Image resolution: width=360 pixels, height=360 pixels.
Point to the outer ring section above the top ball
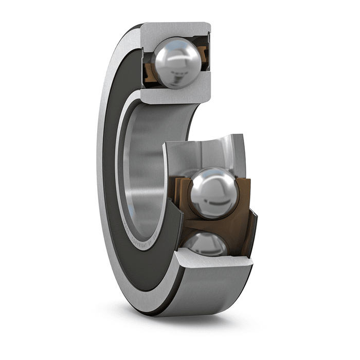[x=175, y=30]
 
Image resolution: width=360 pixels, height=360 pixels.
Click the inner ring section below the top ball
[x=175, y=95]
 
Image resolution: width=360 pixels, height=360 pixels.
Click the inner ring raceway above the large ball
[x=206, y=152]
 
